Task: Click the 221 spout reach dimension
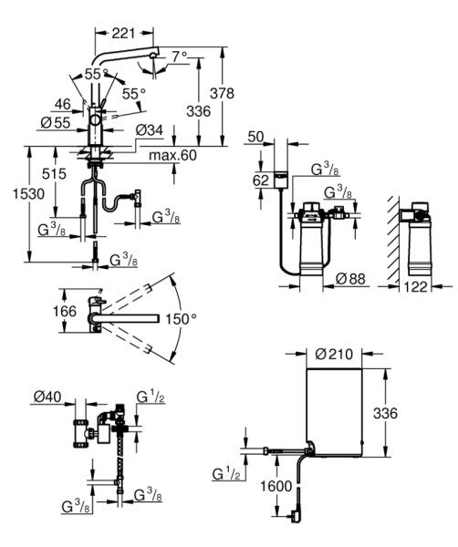tap(123, 33)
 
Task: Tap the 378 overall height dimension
tap(222, 93)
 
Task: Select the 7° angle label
tap(180, 56)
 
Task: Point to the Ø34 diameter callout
tap(150, 130)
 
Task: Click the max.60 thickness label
tap(172, 155)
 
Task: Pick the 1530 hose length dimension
tap(28, 193)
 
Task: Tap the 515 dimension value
tap(54, 173)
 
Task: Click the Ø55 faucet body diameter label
tap(56, 122)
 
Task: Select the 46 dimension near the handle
tap(63, 104)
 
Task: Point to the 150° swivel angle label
tap(181, 318)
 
